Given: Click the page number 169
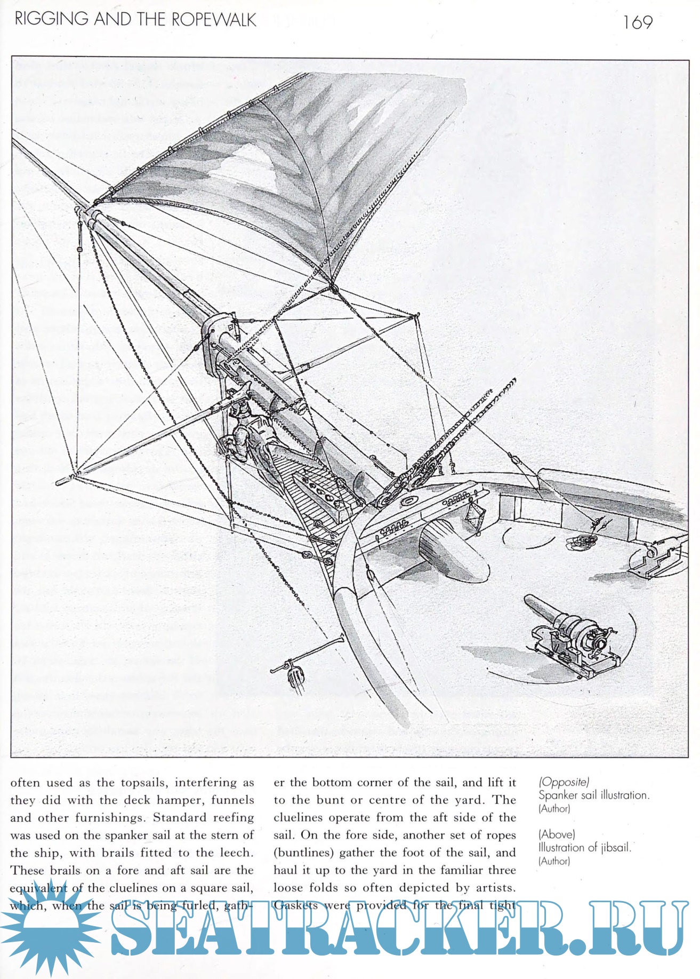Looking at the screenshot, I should [637, 22].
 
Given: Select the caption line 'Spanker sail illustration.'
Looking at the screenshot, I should [593, 795].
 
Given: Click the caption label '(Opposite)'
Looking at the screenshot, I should [564, 782].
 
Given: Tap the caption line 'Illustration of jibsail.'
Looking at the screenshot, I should [584, 847].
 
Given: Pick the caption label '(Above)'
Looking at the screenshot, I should [557, 834].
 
